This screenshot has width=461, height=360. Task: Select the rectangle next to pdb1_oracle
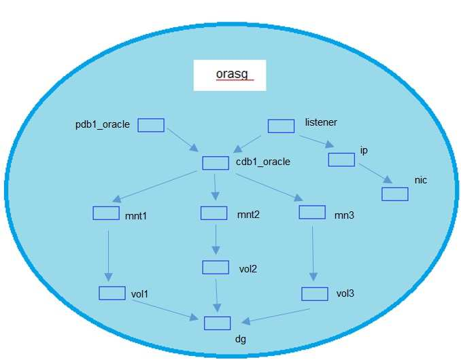point(151,125)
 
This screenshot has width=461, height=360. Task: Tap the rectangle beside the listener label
point(281,126)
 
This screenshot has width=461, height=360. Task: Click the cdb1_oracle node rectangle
point(216,163)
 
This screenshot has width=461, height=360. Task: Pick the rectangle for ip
point(341,160)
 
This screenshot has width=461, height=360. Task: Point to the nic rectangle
point(394,194)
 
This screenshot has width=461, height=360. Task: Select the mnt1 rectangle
point(105,213)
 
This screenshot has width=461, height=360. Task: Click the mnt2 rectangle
point(214,213)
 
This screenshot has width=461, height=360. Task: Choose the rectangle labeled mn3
point(312,212)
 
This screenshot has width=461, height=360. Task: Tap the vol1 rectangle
point(112,293)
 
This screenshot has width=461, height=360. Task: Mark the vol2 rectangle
point(216,267)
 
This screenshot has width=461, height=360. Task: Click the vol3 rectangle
point(315,293)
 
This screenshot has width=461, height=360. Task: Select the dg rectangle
point(218,323)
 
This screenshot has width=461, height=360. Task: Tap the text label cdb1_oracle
point(263,162)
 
